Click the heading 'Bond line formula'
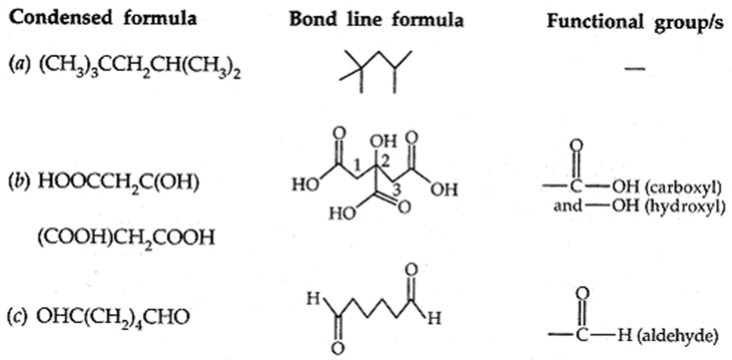coord(377,20)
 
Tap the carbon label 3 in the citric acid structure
coord(396,190)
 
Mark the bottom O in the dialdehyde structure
coord(339,348)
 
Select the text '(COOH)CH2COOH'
coord(126,237)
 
